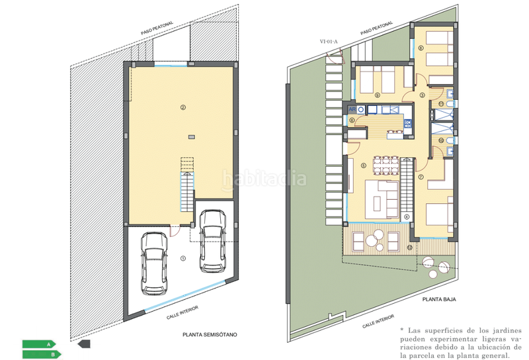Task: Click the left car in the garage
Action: click(x=154, y=271)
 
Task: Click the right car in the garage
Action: click(x=213, y=241)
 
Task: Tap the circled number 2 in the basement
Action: click(x=182, y=107)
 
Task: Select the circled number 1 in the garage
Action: click(x=184, y=259)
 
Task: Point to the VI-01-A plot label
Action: click(x=329, y=42)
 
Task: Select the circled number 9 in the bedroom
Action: click(x=377, y=95)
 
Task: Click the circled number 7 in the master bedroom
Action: click(x=421, y=177)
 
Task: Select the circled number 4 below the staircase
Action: click(x=407, y=216)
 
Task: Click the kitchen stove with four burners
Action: click(x=407, y=122)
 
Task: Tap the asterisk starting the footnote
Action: click(x=401, y=330)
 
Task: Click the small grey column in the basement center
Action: click(x=191, y=136)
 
